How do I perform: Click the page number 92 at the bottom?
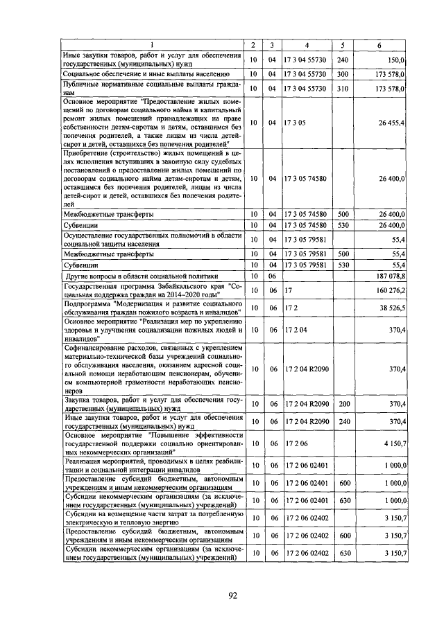[221, 594]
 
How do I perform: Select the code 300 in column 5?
[342, 73]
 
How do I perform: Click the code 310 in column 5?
[342, 89]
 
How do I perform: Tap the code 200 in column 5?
[342, 403]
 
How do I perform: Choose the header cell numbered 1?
[152, 46]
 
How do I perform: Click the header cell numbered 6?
[379, 46]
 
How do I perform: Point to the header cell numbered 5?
[343, 46]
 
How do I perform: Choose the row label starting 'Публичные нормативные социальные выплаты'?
[152, 89]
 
